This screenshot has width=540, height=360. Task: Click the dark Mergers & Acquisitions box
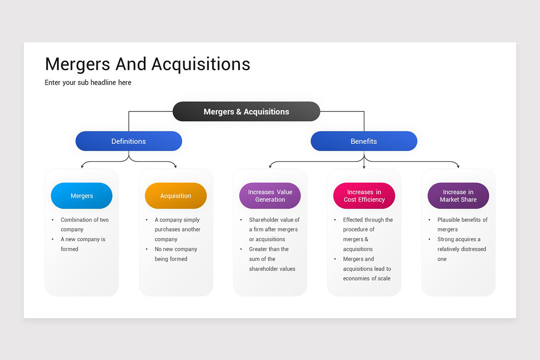point(246,112)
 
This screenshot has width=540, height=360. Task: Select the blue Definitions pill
point(129,141)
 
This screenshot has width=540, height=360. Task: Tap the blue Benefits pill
point(364,141)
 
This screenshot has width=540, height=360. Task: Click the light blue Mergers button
point(81,196)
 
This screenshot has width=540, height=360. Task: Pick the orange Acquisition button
point(175,196)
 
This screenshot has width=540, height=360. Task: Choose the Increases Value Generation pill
point(270,196)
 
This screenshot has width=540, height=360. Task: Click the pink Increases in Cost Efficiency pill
point(364,196)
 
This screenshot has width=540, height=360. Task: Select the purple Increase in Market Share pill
point(458,196)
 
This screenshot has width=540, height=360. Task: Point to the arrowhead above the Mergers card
point(82,166)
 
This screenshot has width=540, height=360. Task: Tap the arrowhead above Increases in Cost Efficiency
point(364,167)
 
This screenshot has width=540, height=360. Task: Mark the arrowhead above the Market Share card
point(458,166)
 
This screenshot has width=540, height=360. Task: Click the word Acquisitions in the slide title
point(201,64)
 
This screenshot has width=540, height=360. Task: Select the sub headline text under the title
point(88,83)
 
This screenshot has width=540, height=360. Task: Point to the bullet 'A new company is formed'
point(83,244)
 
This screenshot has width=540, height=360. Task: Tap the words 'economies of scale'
point(366,279)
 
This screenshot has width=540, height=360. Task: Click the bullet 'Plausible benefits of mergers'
point(462,225)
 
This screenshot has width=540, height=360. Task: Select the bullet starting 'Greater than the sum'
point(272,259)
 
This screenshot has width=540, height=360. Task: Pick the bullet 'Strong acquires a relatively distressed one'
point(461,249)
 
